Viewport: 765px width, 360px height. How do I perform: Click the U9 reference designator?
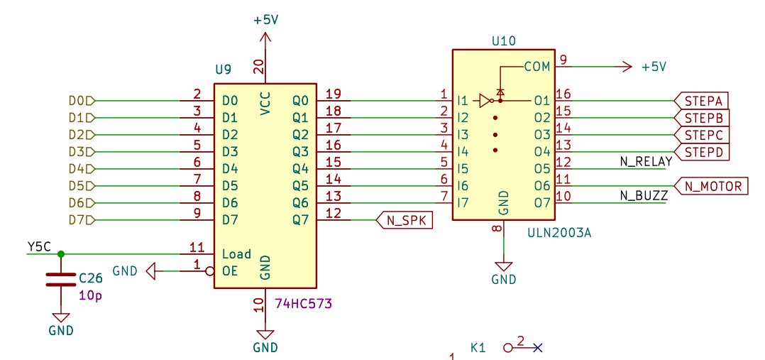tap(223, 70)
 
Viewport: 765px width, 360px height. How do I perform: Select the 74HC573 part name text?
tap(303, 304)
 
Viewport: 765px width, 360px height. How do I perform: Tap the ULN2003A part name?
tap(559, 233)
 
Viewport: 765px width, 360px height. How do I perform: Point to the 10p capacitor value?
tap(90, 295)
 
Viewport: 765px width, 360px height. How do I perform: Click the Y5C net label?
tap(39, 246)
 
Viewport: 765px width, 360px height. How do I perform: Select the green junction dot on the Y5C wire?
tap(60, 253)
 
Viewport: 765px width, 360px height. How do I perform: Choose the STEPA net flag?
tap(703, 100)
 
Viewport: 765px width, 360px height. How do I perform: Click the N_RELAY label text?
tap(646, 162)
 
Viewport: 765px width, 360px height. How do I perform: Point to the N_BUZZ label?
tap(644, 196)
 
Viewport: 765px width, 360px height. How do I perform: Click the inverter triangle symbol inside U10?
tap(485, 100)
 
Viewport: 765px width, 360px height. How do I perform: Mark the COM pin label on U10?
tap(537, 67)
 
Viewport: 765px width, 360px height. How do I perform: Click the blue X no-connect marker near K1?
tap(537, 347)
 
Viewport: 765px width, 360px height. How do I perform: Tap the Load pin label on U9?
tap(236, 253)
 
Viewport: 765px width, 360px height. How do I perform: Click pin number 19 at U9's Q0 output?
tap(333, 94)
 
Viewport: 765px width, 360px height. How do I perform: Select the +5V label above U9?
tap(265, 20)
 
